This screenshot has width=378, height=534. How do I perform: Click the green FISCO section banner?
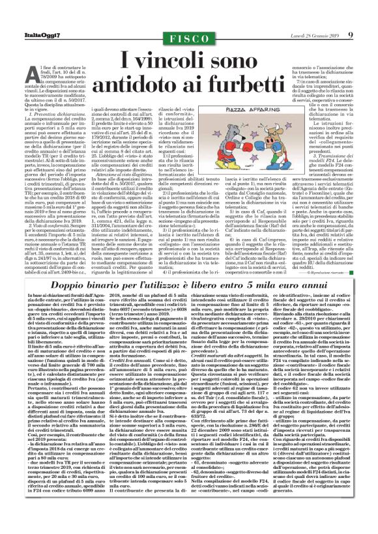click(189, 38)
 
